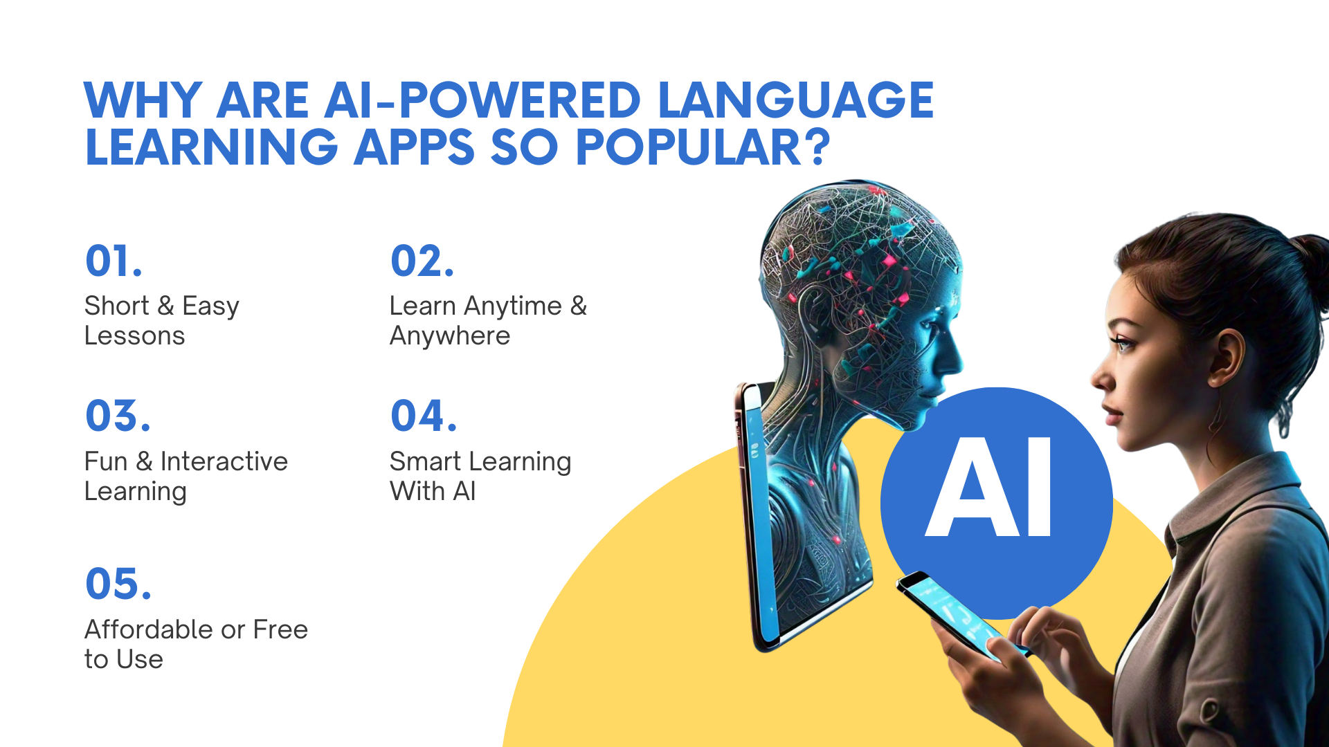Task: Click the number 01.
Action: pyautogui.click(x=114, y=261)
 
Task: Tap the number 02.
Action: pyautogui.click(x=422, y=261)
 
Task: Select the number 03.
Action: pyautogui.click(x=118, y=416)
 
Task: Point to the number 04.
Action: pyautogui.click(x=424, y=416)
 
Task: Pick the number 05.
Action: pyautogui.click(x=118, y=584)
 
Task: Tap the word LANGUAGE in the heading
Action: pyautogui.click(x=796, y=100)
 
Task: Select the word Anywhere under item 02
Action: pyautogui.click(x=450, y=336)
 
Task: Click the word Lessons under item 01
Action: pyautogui.click(x=134, y=336)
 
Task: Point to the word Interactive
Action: pyautogui.click(x=224, y=461)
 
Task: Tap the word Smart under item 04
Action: pyautogui.click(x=425, y=461)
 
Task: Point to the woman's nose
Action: pyautogui.click(x=1100, y=378)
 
